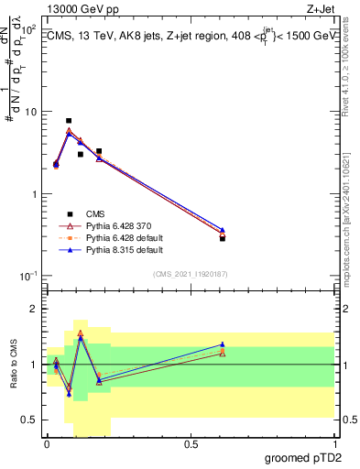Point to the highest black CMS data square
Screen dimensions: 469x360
coord(69,121)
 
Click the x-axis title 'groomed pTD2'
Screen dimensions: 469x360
coord(298,456)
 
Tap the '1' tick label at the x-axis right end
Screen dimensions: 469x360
coord(334,443)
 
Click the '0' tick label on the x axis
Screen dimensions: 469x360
coord(46,443)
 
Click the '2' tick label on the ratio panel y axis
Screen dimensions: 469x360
coord(34,309)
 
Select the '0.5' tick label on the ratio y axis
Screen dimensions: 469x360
coord(29,420)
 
